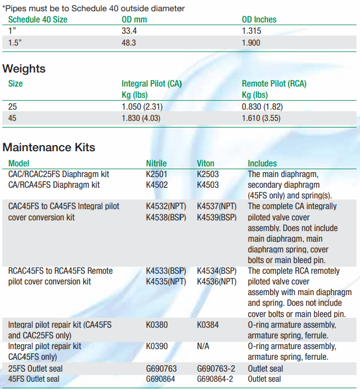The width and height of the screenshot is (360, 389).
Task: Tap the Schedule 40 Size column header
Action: coord(38,19)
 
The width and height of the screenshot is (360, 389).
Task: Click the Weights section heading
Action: coord(24,69)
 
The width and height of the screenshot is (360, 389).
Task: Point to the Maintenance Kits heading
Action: coord(49,147)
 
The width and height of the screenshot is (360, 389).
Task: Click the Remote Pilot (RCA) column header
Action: coord(274,84)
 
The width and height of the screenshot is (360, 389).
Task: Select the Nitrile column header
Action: coord(156,163)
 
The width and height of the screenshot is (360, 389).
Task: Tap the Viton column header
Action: coord(206,163)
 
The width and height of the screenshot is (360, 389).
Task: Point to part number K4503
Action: coord(208,184)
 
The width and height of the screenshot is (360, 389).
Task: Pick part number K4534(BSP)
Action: coord(217,271)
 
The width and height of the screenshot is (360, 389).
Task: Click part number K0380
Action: coord(157,325)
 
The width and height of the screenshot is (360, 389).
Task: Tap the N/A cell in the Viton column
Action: coord(203,346)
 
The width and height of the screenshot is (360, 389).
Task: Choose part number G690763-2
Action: coord(217,368)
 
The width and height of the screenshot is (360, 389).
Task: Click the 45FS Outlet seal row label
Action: coord(35,379)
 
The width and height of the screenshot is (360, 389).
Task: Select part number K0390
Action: coord(157,346)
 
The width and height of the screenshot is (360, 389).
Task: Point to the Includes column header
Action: coord(262,163)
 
